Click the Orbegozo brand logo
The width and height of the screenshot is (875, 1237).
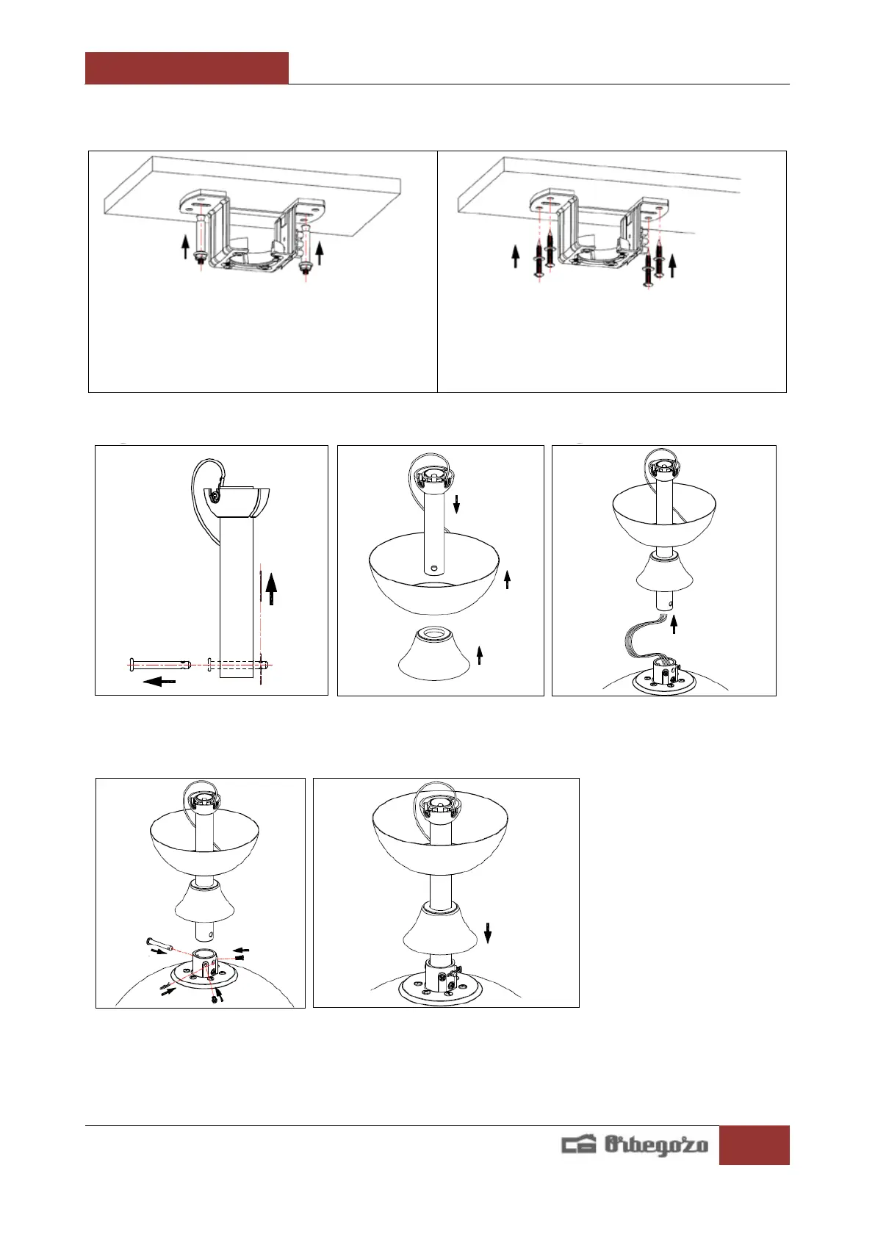click(635, 1144)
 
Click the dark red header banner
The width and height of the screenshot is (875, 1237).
click(187, 68)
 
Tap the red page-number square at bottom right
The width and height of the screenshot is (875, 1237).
click(754, 1144)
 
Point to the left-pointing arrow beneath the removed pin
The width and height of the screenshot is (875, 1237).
click(160, 682)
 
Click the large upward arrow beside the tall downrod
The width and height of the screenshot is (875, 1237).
click(271, 588)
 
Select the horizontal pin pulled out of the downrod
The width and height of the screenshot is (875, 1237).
click(159, 665)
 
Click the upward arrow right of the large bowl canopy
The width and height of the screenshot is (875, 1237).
click(507, 580)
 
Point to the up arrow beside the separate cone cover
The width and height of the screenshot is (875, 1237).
click(480, 654)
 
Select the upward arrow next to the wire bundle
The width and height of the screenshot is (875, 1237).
click(674, 624)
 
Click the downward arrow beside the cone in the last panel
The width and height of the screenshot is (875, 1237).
click(488, 934)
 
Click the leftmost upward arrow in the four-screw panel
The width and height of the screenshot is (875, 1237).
click(516, 256)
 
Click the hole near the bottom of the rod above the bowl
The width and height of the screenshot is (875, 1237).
click(435, 568)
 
